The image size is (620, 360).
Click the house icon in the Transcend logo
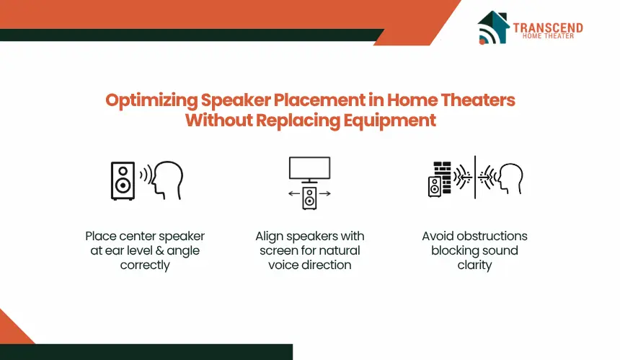493,27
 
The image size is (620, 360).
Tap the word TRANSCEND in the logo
548,27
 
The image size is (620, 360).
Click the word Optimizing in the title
151,100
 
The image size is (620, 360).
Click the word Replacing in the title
298,120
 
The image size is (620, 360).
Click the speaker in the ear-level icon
123,180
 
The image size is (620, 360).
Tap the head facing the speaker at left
168,180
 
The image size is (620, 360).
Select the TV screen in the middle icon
309,168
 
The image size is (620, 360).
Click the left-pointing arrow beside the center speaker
294,193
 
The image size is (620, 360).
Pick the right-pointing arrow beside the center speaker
325,193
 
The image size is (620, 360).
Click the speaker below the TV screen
309,198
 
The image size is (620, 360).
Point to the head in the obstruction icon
511,178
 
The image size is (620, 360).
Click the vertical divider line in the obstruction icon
475,177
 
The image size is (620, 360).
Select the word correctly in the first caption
145,265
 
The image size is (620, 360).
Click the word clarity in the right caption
474,265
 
